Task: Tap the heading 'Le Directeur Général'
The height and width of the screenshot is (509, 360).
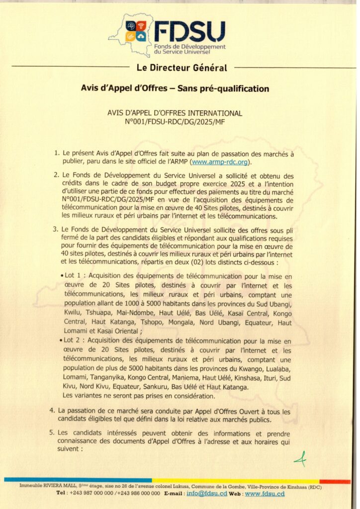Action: click(181, 68)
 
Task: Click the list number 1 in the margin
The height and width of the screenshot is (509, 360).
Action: click(57, 154)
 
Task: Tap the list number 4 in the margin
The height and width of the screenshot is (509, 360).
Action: click(52, 411)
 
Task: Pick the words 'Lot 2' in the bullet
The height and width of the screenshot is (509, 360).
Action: click(74, 342)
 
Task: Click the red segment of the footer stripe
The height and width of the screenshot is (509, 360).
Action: click(334, 481)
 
